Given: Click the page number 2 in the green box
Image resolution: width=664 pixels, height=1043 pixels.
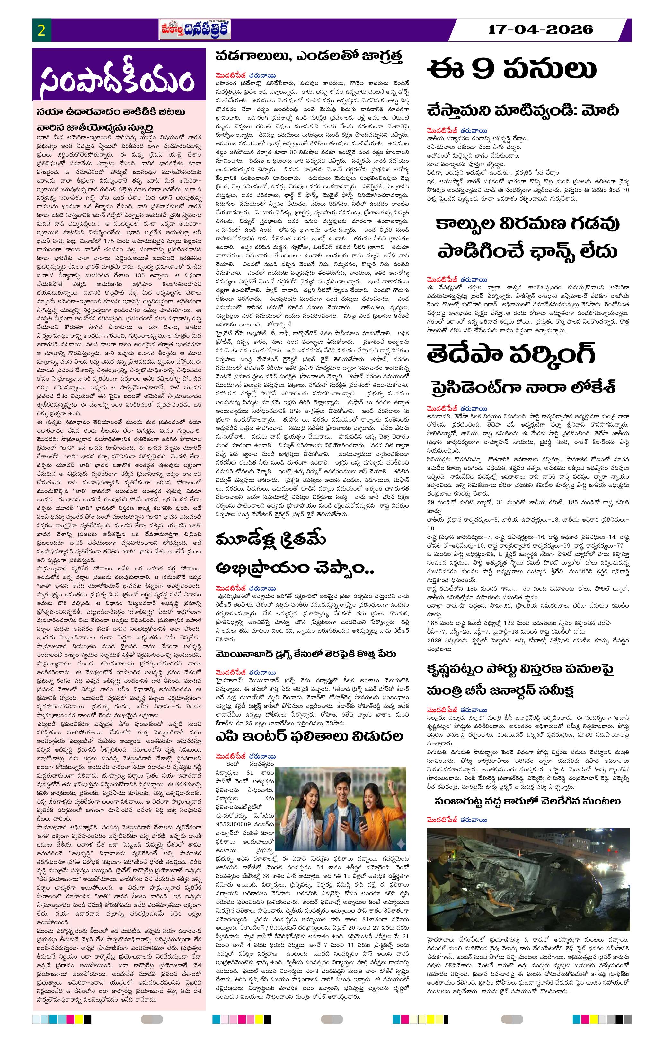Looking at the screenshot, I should click(x=42, y=30).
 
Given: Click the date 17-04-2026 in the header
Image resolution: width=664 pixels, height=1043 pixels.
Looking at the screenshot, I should click(x=540, y=30).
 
